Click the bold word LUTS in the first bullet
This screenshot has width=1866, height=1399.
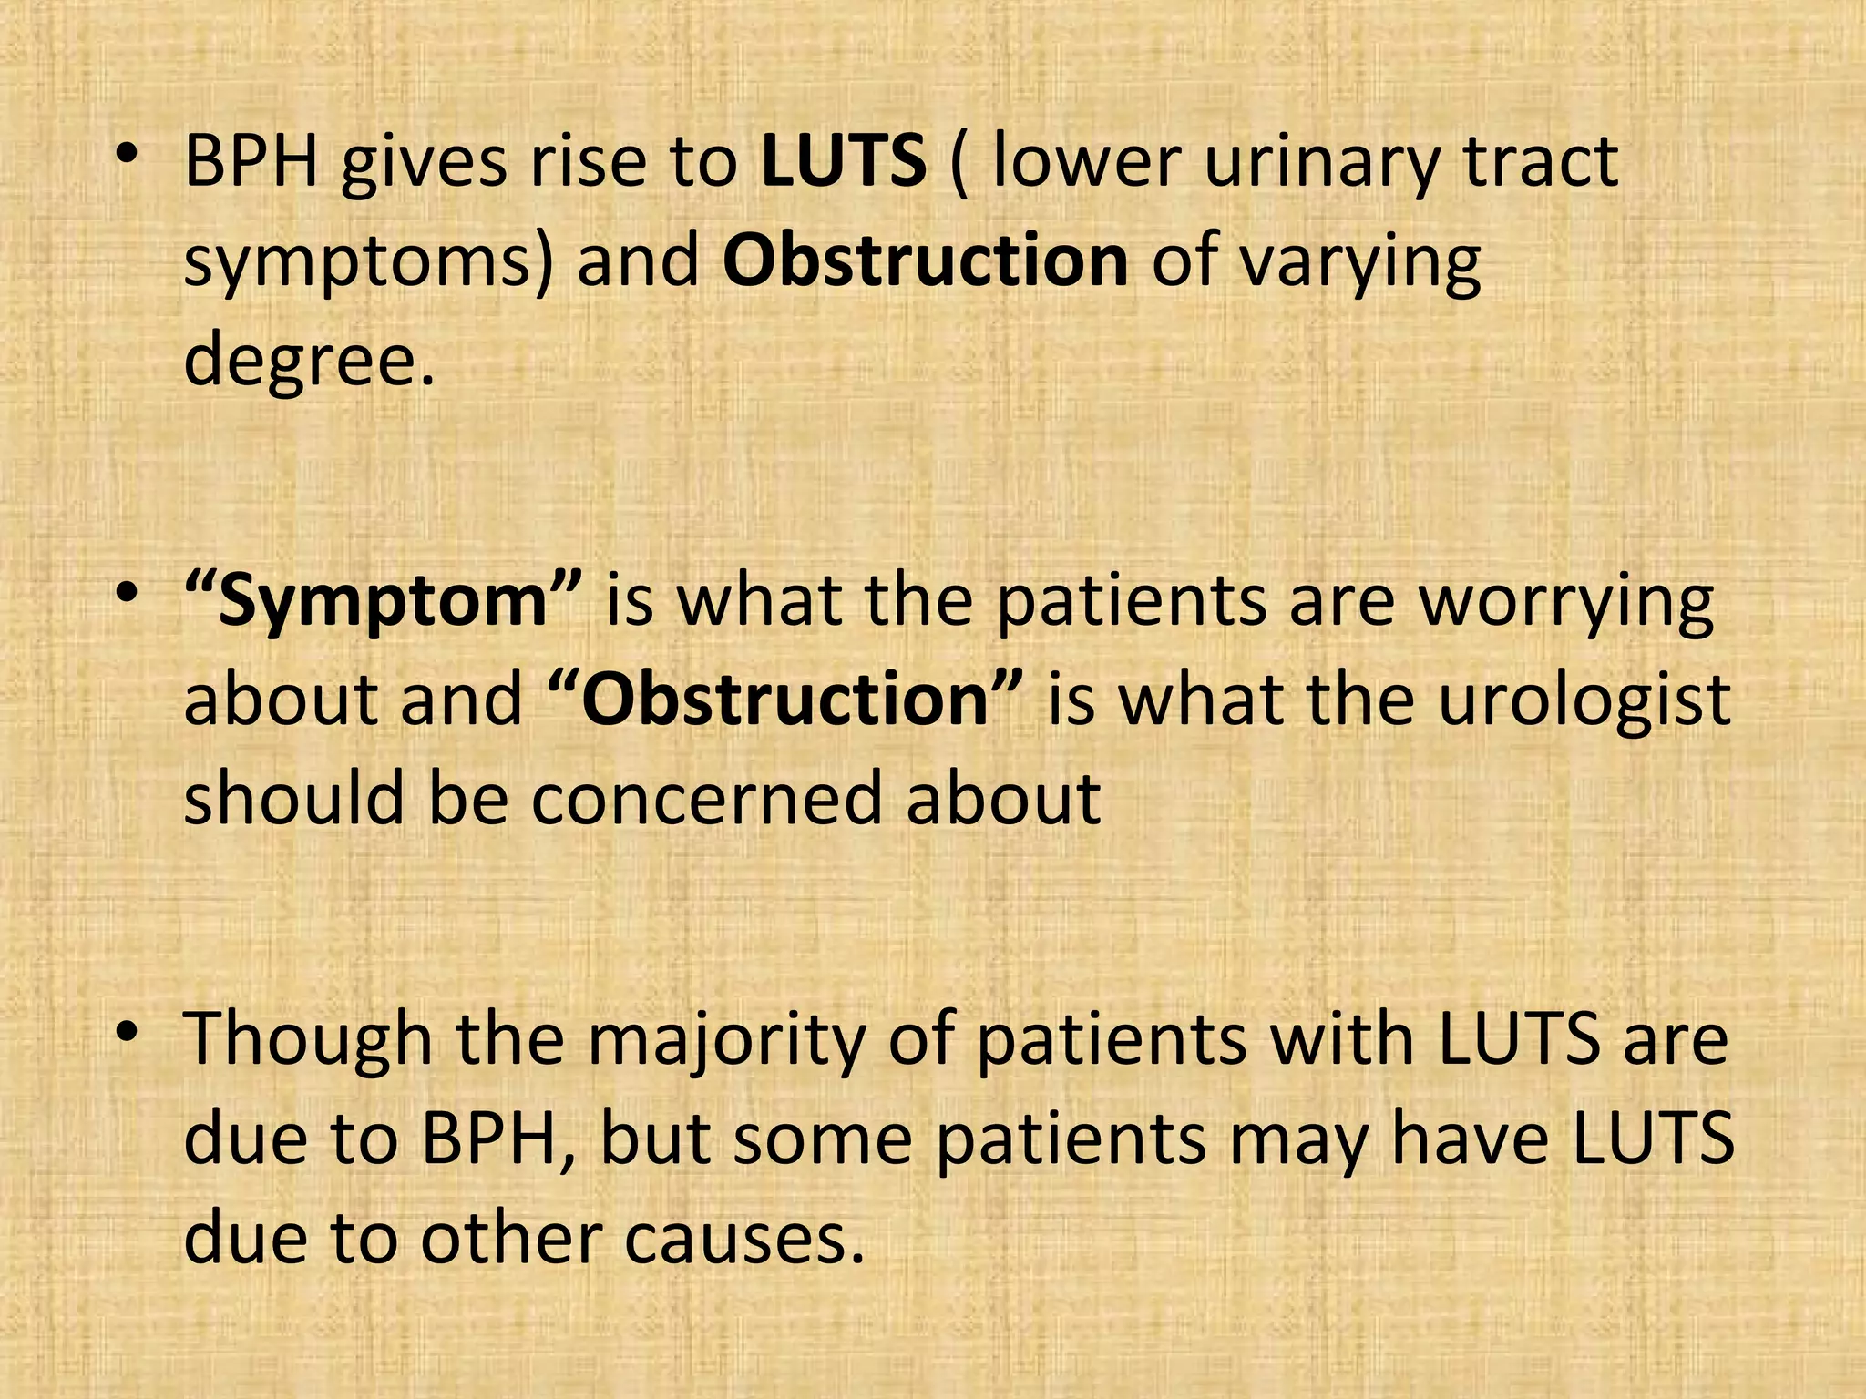[x=844, y=162]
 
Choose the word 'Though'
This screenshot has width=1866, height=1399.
[x=308, y=1041]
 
